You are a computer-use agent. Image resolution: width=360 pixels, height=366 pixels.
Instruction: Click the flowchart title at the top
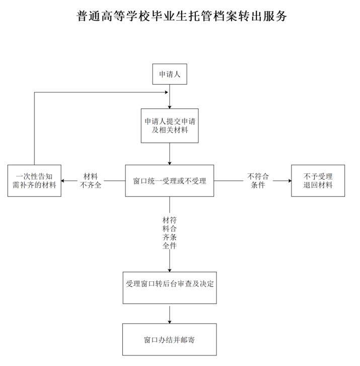[182, 16]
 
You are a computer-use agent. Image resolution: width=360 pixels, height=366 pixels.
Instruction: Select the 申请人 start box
[170, 74]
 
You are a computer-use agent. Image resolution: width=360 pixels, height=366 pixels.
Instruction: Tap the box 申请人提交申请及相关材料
[170, 126]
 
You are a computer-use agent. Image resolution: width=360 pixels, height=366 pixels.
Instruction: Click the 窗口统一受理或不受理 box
[170, 180]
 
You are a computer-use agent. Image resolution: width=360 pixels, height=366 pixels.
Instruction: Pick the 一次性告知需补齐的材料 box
[34, 180]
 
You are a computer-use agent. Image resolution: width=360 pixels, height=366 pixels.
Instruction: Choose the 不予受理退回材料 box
[318, 180]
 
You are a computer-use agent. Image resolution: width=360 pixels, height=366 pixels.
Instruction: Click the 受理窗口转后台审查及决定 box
[170, 287]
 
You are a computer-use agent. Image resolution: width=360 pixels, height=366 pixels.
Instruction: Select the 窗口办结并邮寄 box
[170, 339]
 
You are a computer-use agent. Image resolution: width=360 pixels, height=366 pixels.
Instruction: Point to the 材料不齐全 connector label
[91, 180]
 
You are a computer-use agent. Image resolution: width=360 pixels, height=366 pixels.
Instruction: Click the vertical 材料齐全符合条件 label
[170, 233]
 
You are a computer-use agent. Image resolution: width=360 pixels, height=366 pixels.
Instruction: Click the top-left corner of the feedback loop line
[34, 92]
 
